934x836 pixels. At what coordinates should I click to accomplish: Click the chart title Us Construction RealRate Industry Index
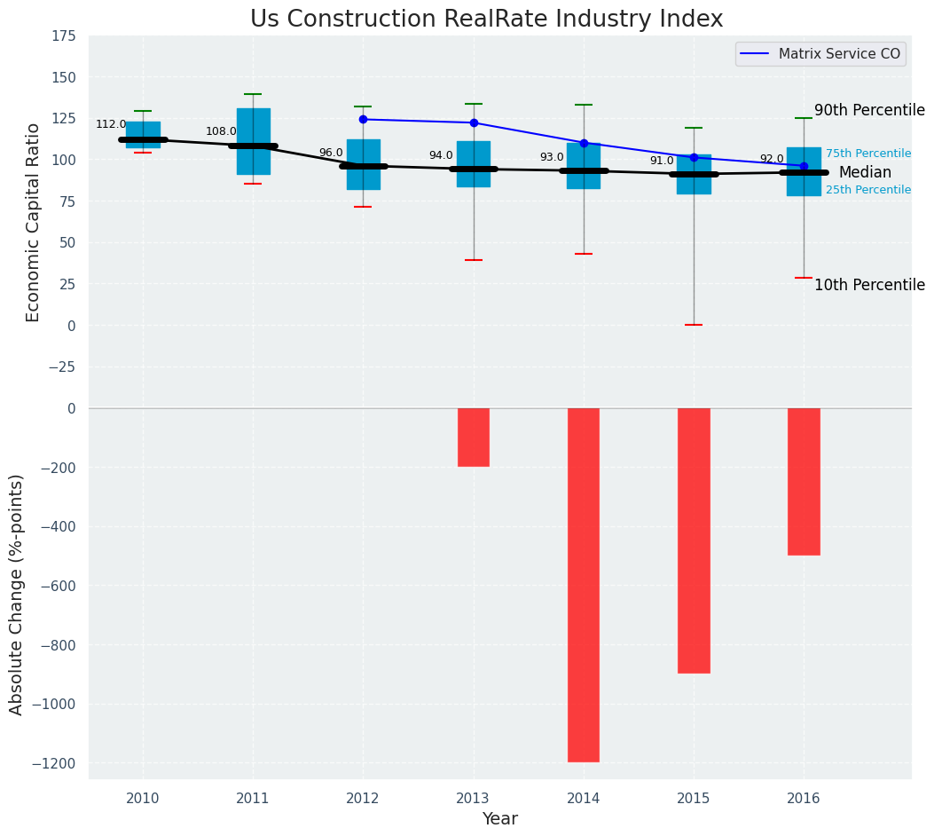pyautogui.click(x=486, y=20)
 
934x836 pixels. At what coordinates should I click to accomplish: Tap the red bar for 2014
pyautogui.click(x=584, y=585)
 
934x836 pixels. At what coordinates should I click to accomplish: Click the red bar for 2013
pyautogui.click(x=474, y=438)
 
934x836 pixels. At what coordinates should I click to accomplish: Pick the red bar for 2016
pyautogui.click(x=804, y=482)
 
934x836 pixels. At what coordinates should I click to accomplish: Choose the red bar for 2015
pyautogui.click(x=694, y=540)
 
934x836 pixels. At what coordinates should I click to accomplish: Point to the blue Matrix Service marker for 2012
pyautogui.click(x=363, y=119)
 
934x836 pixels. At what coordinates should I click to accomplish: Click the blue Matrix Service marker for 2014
pyautogui.click(x=584, y=143)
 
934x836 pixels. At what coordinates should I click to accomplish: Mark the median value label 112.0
pyautogui.click(x=111, y=125)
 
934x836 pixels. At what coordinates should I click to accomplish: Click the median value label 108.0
pyautogui.click(x=221, y=132)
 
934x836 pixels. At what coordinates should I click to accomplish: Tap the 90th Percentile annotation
pyautogui.click(x=869, y=111)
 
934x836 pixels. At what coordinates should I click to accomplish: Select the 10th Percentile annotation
pyautogui.click(x=869, y=285)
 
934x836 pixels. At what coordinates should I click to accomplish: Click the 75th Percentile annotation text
pyautogui.click(x=867, y=154)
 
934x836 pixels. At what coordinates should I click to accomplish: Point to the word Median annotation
pyautogui.click(x=865, y=173)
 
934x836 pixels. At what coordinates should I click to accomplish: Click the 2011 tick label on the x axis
pyautogui.click(x=253, y=799)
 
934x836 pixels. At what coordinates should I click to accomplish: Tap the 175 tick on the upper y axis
pyautogui.click(x=63, y=36)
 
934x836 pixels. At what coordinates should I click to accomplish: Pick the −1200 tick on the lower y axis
pyautogui.click(x=59, y=763)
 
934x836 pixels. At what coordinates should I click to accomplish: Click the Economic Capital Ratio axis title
pyautogui.click(x=34, y=222)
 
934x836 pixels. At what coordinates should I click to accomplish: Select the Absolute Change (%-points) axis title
pyautogui.click(x=17, y=594)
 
